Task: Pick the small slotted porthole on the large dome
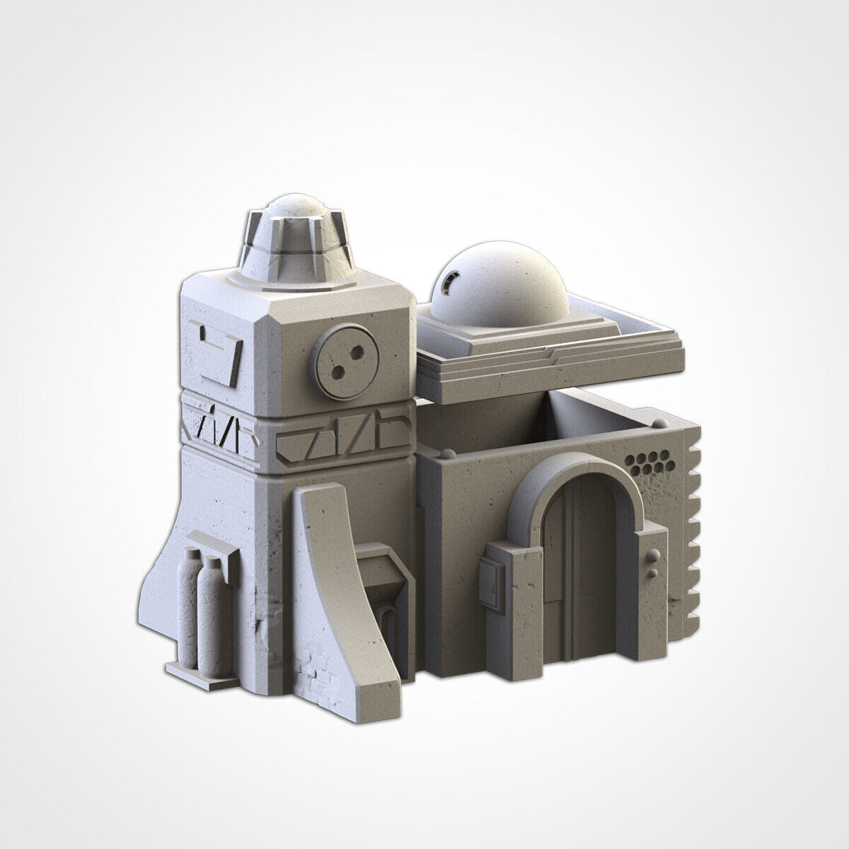(x=446, y=284)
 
